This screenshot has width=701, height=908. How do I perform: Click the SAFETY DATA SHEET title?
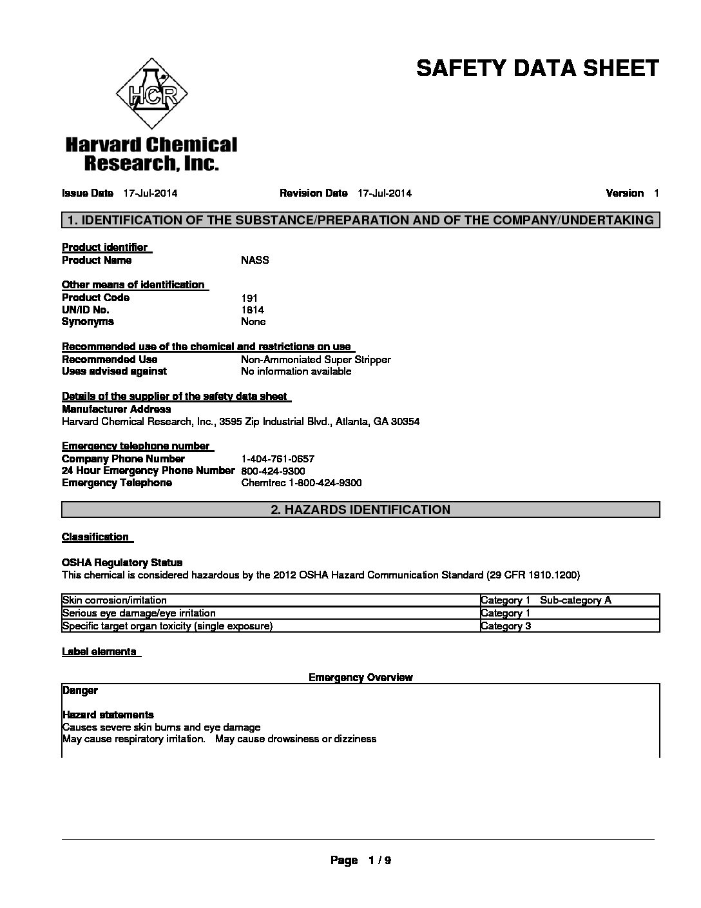[537, 68]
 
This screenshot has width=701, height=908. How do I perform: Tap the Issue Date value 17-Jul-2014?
[150, 193]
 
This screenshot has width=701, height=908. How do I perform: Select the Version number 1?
[656, 193]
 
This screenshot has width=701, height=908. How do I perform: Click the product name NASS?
[254, 261]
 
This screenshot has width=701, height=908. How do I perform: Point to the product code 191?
[249, 298]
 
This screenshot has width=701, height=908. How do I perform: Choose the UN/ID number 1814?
[252, 310]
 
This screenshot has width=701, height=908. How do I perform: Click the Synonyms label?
[88, 322]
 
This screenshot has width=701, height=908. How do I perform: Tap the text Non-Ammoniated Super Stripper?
[316, 359]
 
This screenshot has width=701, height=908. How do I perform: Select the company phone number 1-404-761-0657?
[278, 459]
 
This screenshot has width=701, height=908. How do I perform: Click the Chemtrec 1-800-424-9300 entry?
[301, 483]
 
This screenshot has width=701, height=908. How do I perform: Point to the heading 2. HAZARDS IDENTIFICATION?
[360, 510]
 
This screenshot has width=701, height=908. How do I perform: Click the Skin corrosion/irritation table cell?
[115, 600]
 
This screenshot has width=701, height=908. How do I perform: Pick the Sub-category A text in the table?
[575, 600]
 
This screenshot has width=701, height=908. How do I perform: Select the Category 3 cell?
[506, 626]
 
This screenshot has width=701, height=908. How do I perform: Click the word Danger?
[80, 690]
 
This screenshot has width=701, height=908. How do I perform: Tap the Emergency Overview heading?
[360, 677]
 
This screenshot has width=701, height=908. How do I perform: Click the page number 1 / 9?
[379, 860]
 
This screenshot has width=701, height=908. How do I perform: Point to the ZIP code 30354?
[406, 422]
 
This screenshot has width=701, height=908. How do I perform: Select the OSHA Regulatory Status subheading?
[122, 562]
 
